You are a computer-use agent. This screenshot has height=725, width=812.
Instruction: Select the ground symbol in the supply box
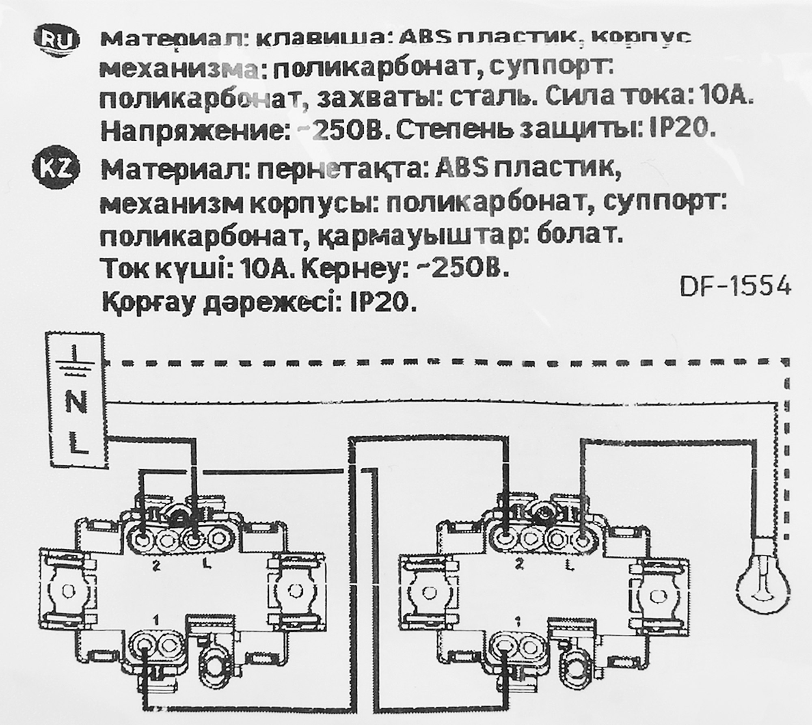click(x=76, y=361)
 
